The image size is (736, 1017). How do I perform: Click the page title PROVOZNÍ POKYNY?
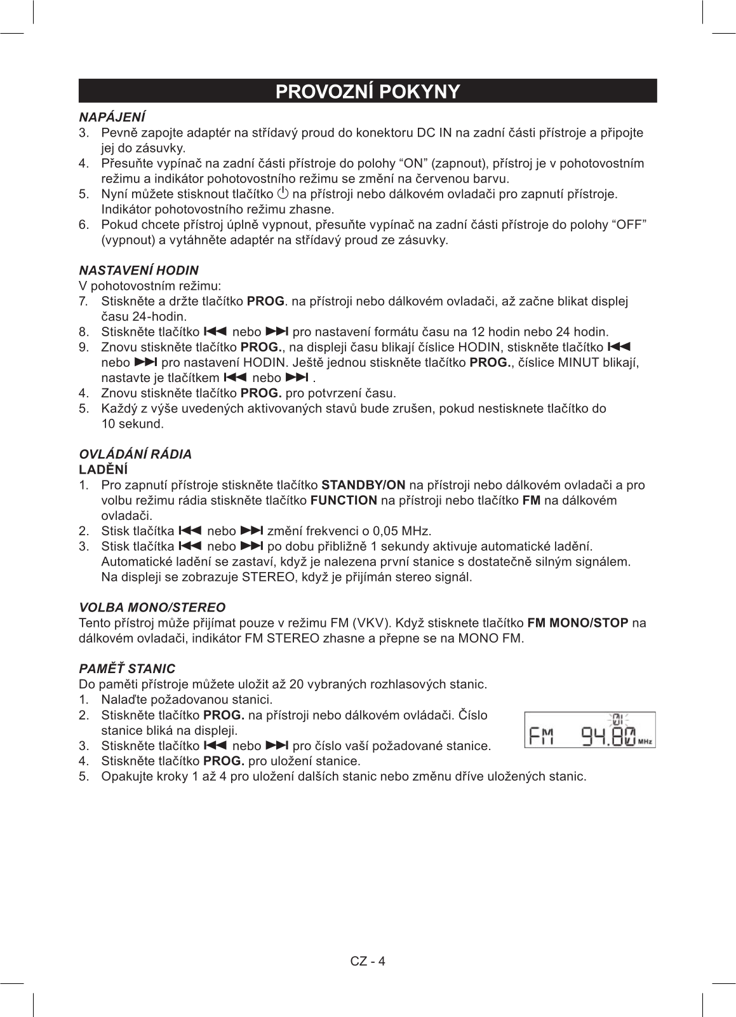click(x=368, y=92)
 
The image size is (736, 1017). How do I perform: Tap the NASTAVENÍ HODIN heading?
click(x=138, y=270)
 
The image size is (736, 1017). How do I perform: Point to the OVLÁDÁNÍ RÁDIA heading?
click(x=135, y=454)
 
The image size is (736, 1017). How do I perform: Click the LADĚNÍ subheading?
click(x=103, y=470)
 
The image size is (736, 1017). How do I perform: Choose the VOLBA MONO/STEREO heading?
click(x=152, y=607)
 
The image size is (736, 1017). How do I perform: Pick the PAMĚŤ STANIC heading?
click(x=126, y=669)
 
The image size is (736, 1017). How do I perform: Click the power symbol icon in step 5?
click(x=283, y=193)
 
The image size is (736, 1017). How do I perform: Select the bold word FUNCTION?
click(x=344, y=500)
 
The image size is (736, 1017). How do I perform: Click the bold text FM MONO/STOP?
click(x=577, y=622)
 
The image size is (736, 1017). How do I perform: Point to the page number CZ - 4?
click(x=368, y=960)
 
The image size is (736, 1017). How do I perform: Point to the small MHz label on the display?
click(x=645, y=742)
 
